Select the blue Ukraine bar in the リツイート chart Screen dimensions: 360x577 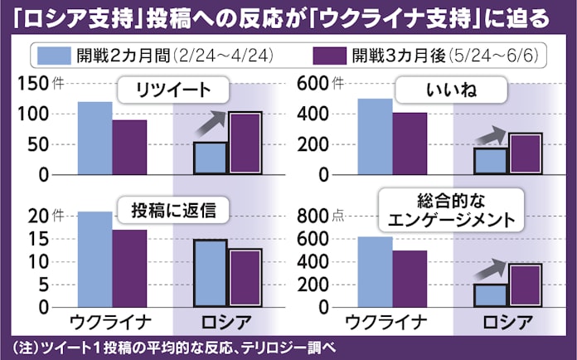pyautogui.click(x=95, y=138)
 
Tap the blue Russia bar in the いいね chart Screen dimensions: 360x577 pyautogui.click(x=490, y=161)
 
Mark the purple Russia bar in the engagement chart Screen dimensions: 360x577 pyautogui.click(x=525, y=285)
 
